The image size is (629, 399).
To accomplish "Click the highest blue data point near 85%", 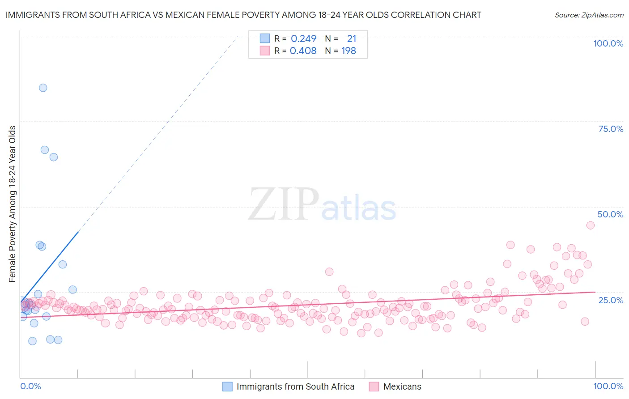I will [43, 88].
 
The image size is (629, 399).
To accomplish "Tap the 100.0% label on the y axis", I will [608, 43].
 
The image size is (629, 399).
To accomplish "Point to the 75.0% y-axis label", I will [611, 129].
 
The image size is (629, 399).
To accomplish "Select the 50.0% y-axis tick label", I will [610, 214].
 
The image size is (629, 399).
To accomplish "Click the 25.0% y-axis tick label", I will [611, 300].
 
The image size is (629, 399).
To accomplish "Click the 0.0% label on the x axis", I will [30, 386].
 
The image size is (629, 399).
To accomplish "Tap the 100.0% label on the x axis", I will [608, 386].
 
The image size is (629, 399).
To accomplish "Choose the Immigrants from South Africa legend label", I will [295, 386].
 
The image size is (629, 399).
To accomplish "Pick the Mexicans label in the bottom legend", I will [402, 386].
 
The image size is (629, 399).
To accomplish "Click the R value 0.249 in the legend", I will [303, 38].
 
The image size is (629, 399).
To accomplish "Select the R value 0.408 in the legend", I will [303, 51].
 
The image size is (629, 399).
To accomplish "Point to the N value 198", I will [348, 51].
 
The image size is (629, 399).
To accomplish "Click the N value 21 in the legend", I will [352, 38].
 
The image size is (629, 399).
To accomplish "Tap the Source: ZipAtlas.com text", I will [589, 15].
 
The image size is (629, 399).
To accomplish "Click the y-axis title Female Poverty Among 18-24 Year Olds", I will [13, 204].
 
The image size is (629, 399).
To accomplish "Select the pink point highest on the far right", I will [590, 225].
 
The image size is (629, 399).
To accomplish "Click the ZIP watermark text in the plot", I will [284, 204].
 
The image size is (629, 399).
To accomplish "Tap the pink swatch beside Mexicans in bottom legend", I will [374, 386].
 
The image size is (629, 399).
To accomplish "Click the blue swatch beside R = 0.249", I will [265, 38].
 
